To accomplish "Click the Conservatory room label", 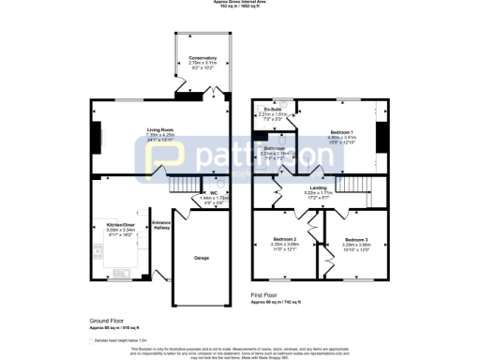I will (202, 58).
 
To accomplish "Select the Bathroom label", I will (274, 148).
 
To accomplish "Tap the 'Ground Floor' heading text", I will (106, 320).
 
